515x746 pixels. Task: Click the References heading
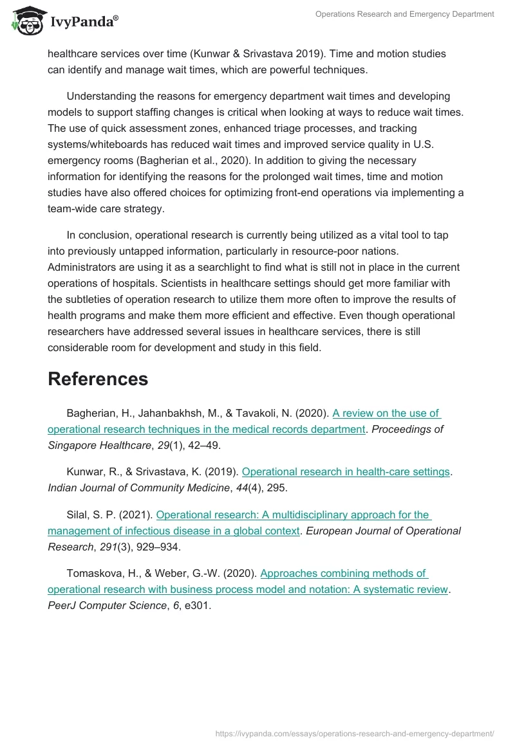pos(98,379)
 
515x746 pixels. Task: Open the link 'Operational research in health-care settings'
pos(346,472)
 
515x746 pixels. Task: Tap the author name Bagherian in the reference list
pos(91,414)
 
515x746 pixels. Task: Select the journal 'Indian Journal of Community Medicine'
pos(138,487)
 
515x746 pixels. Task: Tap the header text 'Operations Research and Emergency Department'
pos(404,14)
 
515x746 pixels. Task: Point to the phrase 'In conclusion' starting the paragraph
pos(99,235)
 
